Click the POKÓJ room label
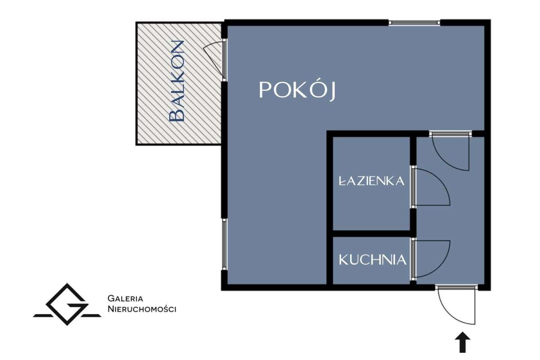(x=298, y=91)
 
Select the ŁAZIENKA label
(x=372, y=181)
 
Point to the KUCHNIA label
(x=373, y=260)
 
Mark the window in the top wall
(x=414, y=22)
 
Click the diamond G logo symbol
(x=67, y=305)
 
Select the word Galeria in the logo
(x=126, y=298)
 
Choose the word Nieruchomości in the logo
(x=142, y=309)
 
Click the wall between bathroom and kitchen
(x=372, y=234)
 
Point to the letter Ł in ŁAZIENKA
(x=342, y=181)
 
